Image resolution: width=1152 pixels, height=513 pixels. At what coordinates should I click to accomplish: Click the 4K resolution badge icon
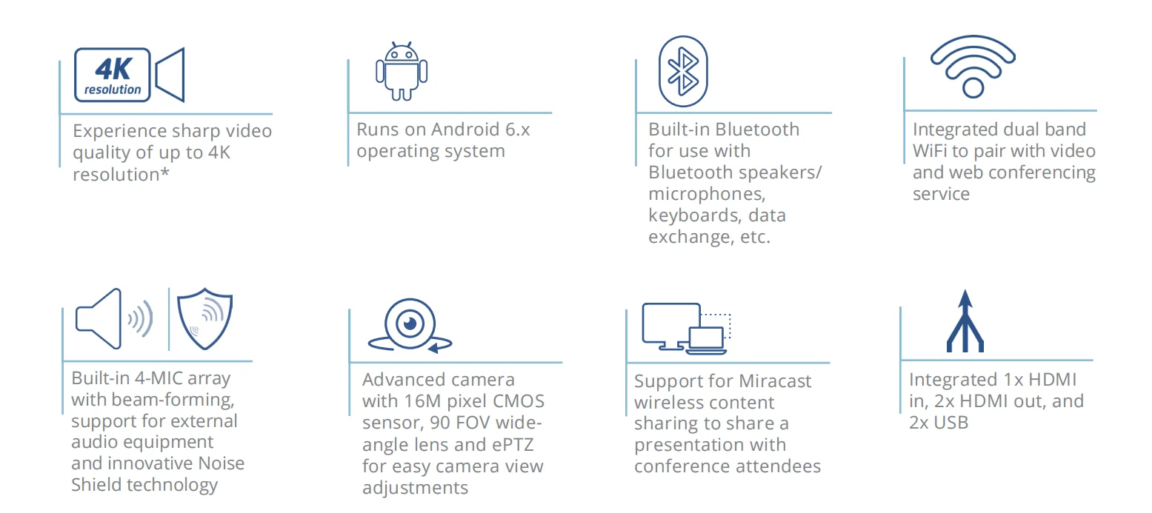[113, 75]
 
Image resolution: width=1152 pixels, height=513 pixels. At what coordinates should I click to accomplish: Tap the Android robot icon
[402, 71]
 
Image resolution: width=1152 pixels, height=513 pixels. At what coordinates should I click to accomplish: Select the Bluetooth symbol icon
[683, 71]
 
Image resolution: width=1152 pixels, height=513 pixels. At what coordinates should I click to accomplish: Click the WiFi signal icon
[973, 67]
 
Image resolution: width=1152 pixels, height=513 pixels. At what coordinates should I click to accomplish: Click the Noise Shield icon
[205, 319]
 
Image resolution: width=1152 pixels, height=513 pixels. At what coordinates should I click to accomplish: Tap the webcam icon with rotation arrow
[410, 326]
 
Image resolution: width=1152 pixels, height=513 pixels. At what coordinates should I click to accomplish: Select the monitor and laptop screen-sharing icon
[686, 328]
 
